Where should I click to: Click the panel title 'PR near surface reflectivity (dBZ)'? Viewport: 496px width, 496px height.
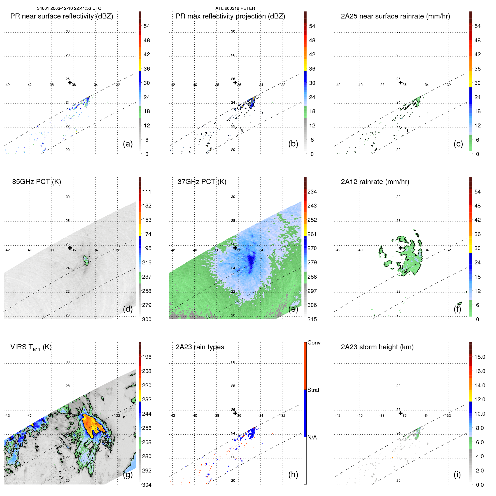click(x=62, y=16)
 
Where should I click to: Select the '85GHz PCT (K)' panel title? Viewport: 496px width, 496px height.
click(x=36, y=182)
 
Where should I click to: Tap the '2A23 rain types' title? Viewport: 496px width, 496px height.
click(x=200, y=347)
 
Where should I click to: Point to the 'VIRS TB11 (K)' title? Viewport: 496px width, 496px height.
click(x=31, y=347)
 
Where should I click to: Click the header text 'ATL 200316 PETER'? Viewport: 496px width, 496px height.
click(x=235, y=8)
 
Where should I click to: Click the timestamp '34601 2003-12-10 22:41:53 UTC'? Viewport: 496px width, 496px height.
click(x=69, y=8)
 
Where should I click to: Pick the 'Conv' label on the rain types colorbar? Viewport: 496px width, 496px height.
click(x=314, y=343)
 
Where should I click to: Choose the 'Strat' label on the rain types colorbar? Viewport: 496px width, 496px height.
click(x=313, y=390)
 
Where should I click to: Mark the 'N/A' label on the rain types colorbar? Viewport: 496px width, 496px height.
click(x=312, y=437)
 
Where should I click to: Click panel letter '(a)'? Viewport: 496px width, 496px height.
click(x=127, y=144)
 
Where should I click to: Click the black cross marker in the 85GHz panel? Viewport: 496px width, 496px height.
click(x=70, y=248)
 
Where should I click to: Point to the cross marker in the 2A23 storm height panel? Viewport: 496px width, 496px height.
click(x=400, y=413)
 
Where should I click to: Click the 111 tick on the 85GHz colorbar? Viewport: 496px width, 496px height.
click(x=146, y=192)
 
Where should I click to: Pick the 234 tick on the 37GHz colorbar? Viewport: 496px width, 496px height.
click(x=312, y=192)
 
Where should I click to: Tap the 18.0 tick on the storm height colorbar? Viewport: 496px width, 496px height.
click(x=479, y=357)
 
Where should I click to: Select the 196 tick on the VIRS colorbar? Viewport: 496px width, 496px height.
click(x=146, y=357)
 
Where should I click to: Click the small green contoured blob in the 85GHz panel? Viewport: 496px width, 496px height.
click(x=86, y=261)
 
